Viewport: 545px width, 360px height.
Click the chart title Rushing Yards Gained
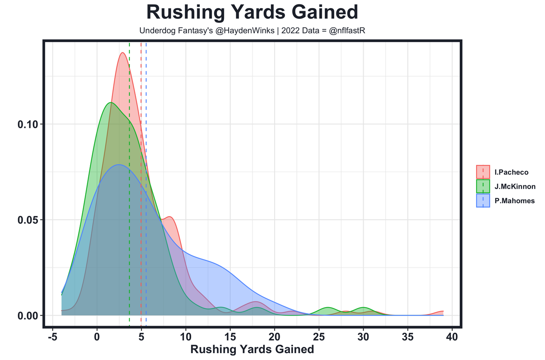(x=252, y=13)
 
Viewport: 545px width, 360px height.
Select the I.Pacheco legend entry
(x=511, y=173)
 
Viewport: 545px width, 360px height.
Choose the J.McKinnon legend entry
(x=515, y=187)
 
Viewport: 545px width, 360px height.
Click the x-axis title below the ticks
(x=252, y=350)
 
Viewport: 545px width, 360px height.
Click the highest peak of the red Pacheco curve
(x=123, y=53)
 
